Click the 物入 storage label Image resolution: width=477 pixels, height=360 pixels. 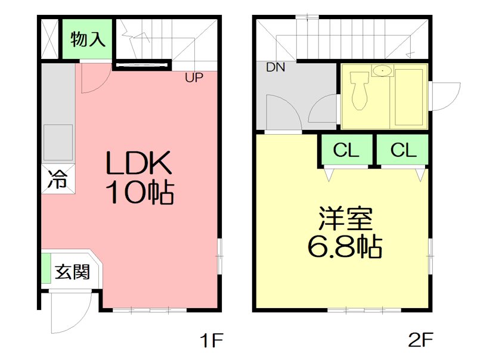(88, 40)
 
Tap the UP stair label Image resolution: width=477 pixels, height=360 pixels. (194, 77)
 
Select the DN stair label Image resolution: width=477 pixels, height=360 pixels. (275, 67)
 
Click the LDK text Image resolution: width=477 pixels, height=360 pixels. (139, 163)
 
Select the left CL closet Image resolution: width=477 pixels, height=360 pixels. (346, 151)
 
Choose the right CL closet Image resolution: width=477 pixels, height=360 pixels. (403, 151)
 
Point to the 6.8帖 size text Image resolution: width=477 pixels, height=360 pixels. (345, 246)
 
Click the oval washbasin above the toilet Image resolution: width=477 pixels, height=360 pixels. (381, 71)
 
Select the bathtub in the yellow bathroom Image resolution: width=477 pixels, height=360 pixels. (408, 98)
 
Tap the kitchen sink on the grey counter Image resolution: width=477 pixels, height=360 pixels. (58, 142)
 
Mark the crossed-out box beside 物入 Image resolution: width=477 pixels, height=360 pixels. (51, 39)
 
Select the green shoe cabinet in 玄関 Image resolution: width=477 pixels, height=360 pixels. (45, 269)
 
